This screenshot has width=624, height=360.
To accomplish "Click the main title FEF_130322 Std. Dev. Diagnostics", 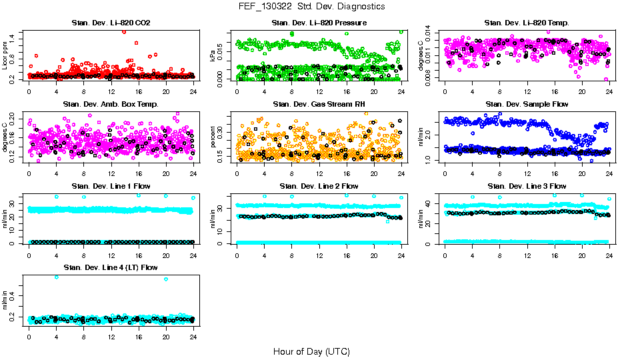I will coord(311,7).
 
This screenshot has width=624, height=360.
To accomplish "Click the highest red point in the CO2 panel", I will coord(124,31).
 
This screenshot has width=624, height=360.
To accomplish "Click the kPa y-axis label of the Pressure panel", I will coord(213,55).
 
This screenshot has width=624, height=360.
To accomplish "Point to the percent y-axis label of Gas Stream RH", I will coord(213,137).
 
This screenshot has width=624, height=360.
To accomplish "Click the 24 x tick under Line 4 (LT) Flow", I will coord(193,336).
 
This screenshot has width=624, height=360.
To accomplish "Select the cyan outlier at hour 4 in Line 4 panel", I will coord(56,277).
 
